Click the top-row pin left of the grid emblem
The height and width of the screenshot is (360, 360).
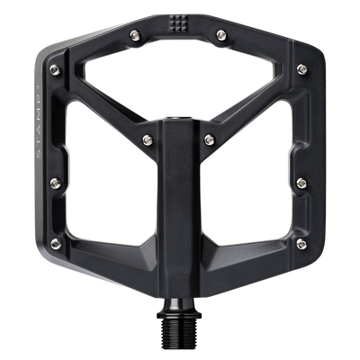(134, 34)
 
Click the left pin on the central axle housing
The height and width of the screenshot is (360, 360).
(147, 139)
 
